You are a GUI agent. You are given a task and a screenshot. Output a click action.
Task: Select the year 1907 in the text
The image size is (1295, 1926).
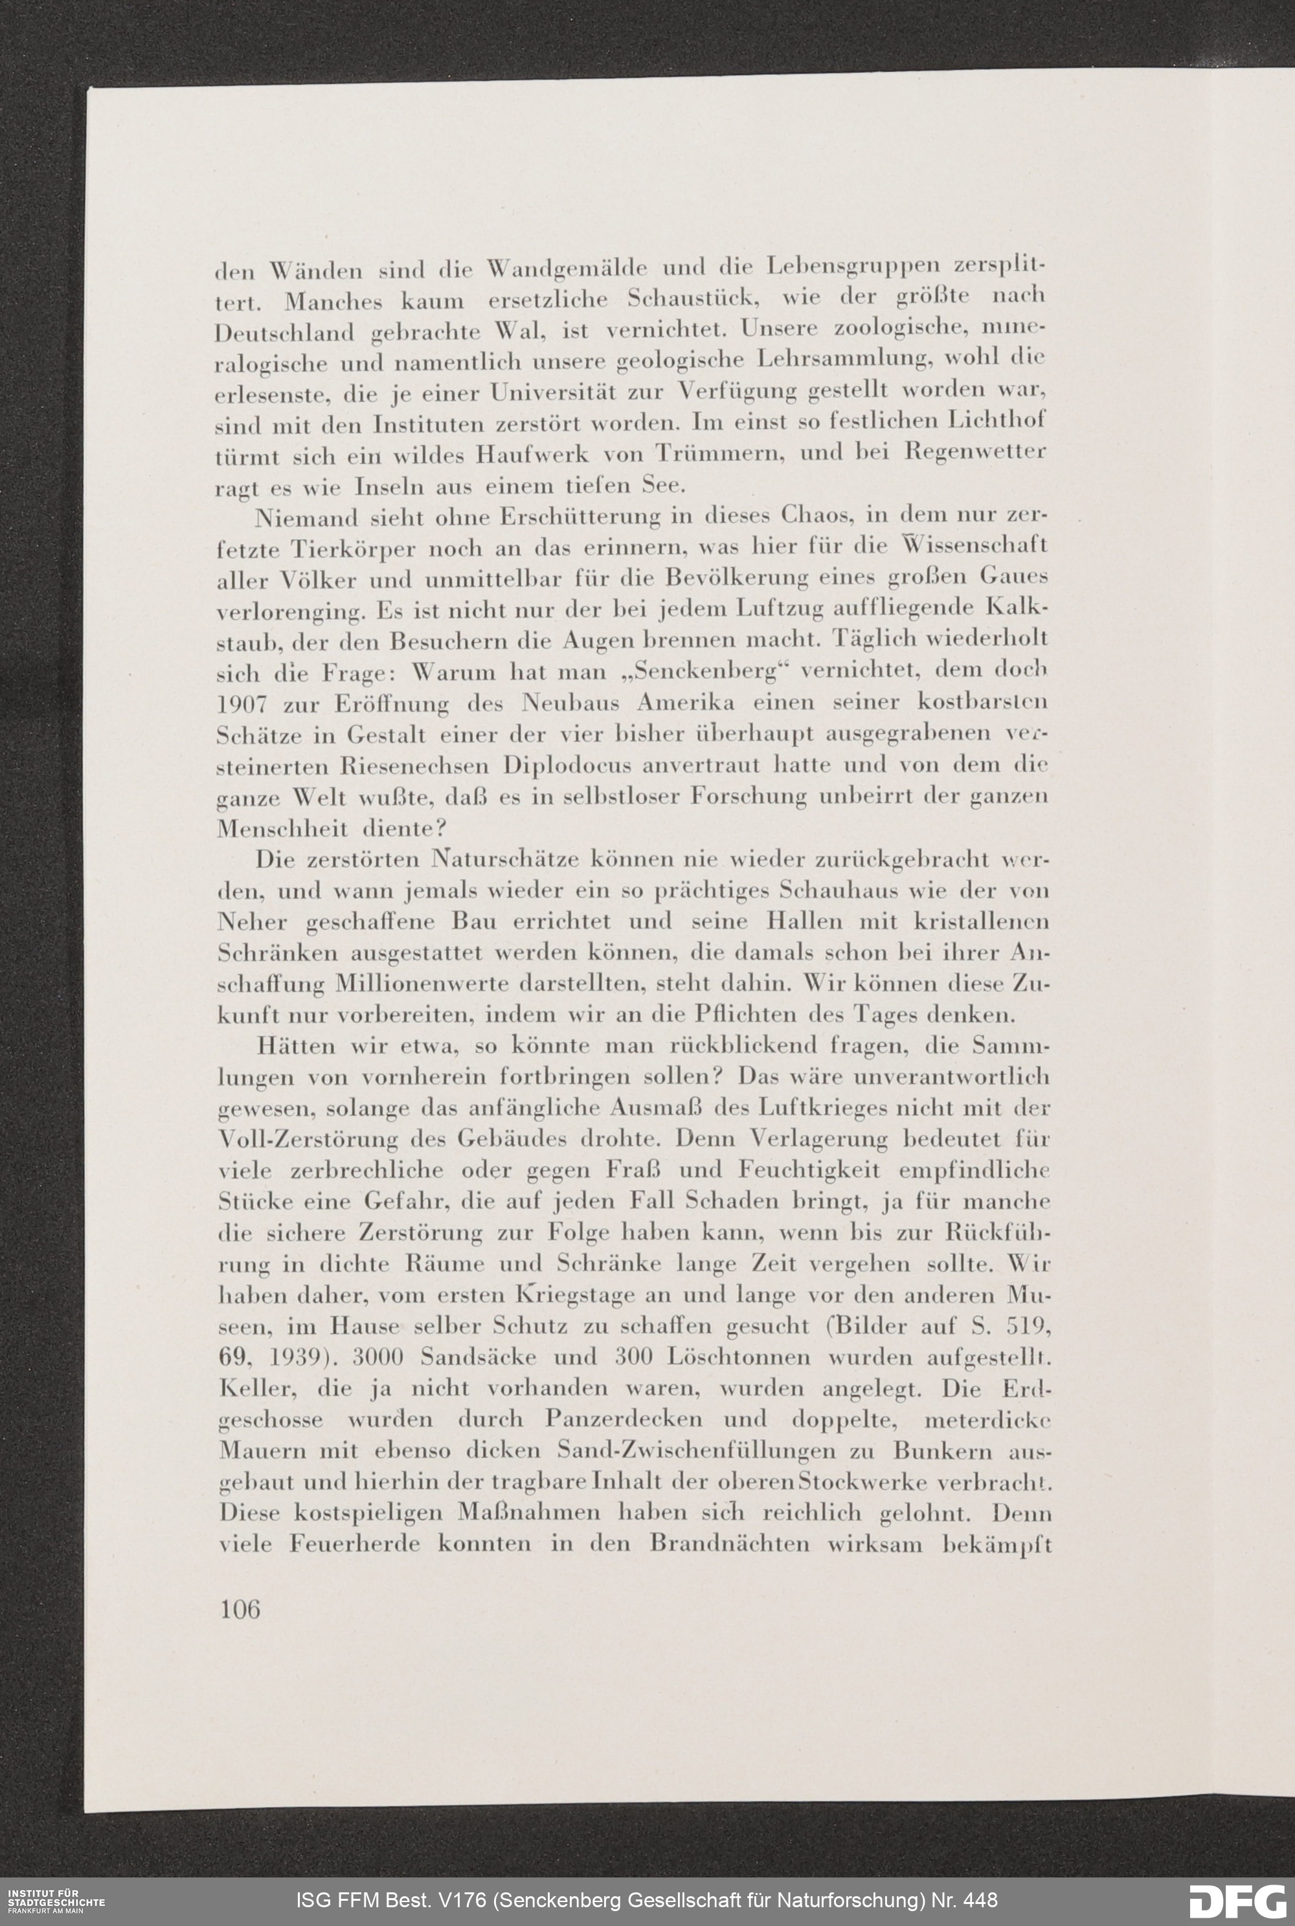click(x=243, y=704)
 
